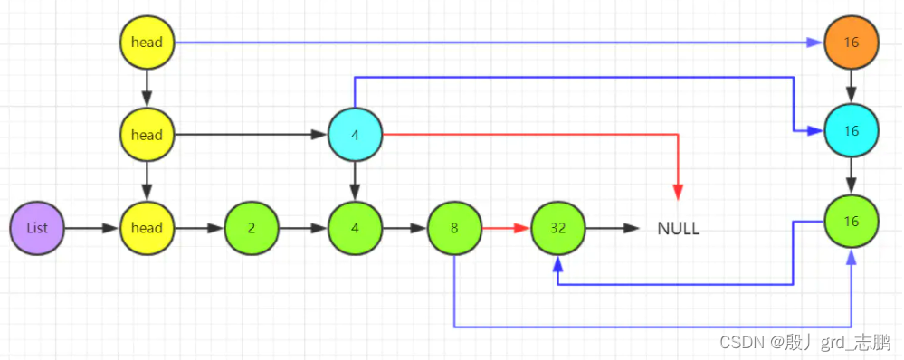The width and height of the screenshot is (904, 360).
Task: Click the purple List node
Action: (37, 228)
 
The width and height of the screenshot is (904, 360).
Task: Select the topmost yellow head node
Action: (147, 43)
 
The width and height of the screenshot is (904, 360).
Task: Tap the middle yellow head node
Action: (147, 135)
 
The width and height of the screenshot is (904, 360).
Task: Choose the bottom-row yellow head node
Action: (147, 228)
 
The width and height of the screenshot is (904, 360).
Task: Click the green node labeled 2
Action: (251, 228)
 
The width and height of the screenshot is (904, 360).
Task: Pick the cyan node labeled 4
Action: (355, 135)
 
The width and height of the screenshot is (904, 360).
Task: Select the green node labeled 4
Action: (355, 228)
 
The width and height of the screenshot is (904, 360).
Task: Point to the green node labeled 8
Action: (454, 228)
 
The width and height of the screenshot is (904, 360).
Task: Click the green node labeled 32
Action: (558, 228)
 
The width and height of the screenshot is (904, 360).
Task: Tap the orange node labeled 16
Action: (851, 43)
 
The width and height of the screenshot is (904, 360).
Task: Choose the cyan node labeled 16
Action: (851, 131)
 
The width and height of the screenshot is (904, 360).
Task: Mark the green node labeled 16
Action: (851, 221)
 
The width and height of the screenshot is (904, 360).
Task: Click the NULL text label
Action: (678, 229)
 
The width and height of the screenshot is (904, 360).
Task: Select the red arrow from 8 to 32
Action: (506, 228)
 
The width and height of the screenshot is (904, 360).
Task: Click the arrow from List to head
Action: (91, 228)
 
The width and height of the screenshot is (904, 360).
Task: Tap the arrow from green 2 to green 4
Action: (302, 228)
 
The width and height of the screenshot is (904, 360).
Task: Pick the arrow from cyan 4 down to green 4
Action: (355, 181)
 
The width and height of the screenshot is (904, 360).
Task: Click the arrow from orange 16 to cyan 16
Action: (851, 87)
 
